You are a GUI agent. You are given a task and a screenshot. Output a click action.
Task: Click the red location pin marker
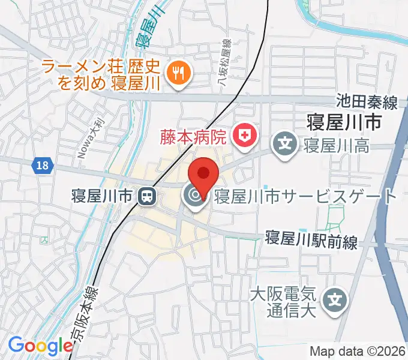click(203, 174)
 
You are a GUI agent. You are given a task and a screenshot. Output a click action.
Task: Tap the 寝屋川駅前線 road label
click(312, 241)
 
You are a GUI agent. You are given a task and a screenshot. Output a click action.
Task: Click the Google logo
click(40, 346)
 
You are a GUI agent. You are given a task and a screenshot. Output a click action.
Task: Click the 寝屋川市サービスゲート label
click(305, 196)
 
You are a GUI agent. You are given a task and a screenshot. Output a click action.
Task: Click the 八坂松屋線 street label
click(225, 64)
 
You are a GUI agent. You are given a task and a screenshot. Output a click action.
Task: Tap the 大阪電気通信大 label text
click(283, 302)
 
